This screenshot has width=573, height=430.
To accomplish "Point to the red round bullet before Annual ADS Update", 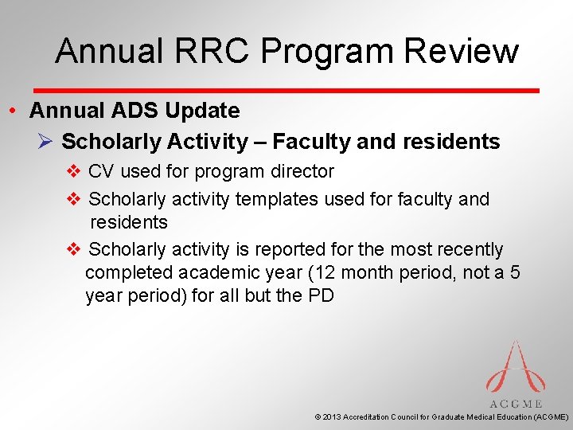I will tap(15, 111).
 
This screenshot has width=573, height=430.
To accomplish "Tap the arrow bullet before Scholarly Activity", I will tap(45, 142).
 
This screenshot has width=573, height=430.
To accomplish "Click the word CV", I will tap(102, 171).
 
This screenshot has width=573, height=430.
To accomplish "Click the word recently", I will tap(469, 250).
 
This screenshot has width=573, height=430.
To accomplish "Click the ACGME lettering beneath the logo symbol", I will tap(516, 404).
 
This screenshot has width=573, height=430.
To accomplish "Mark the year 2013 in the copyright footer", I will tap(332, 416).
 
